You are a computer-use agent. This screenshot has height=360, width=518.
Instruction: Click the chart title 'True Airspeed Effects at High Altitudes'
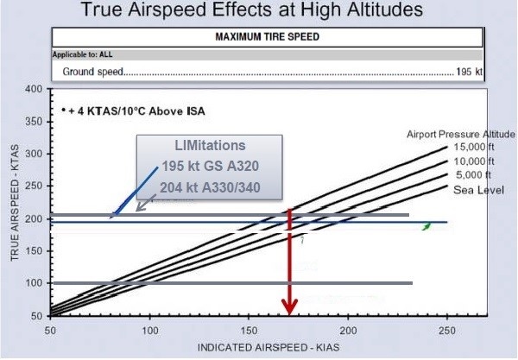tap(259, 13)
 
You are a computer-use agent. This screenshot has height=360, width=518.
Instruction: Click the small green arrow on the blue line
tap(425, 225)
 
